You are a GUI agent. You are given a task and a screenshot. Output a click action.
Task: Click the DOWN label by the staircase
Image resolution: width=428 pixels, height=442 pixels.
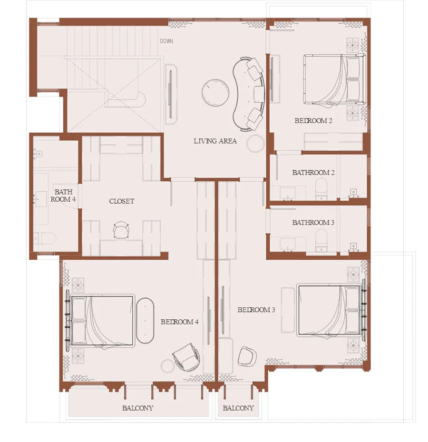pos(166,41)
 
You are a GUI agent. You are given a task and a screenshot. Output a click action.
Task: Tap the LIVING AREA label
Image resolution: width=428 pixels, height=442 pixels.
pos(215,141)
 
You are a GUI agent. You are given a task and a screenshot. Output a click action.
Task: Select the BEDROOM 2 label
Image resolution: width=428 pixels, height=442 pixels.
pos(313,121)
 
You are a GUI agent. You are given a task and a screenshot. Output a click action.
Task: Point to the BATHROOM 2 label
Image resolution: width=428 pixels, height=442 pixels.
pos(313,173)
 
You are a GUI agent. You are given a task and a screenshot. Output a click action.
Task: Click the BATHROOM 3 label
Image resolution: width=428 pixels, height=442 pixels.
pos(313,223)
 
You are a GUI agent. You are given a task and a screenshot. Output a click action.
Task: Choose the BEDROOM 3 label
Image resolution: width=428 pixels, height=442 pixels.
pos(256,310)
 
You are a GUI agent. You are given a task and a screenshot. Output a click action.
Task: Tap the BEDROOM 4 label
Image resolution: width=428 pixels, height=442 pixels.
pos(179,322)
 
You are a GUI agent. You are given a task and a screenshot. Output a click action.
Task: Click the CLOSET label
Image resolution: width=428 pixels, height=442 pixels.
pos(122,201)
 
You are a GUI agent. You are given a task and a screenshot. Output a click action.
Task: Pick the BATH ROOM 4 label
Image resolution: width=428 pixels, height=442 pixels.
pos(63,196)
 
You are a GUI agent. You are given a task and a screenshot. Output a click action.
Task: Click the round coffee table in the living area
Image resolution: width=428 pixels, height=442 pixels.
pos(215,93)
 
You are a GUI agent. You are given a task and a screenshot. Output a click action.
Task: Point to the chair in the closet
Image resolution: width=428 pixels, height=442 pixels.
pos(121,230)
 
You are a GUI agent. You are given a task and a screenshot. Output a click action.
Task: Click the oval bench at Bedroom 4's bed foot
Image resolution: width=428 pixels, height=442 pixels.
pos(146,320)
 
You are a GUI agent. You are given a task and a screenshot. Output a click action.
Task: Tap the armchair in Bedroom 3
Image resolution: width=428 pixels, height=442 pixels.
pos(247,356)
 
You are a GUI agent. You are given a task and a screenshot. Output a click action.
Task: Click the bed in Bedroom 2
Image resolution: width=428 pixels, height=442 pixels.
pos(334,80)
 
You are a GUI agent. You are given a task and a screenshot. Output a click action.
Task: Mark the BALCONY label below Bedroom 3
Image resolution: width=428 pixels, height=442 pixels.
pos(238,408)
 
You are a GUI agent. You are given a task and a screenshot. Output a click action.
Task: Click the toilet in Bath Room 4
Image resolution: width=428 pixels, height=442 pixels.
pos(45,238)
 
